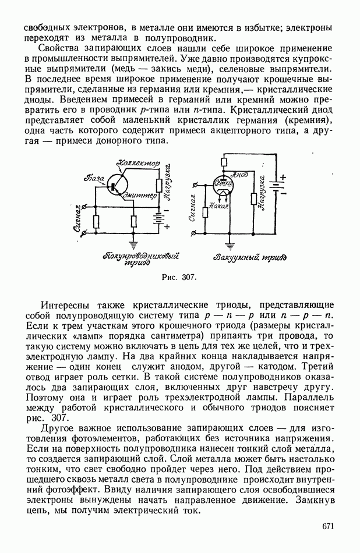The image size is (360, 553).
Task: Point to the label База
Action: (x=94, y=175)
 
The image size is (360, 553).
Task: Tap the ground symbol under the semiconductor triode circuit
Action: (x=135, y=245)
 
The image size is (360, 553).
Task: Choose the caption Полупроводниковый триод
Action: (x=140, y=258)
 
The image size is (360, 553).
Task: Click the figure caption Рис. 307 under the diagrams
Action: (x=179, y=277)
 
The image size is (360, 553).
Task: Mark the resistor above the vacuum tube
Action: (x=224, y=162)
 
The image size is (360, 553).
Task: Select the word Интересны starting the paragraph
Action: (x=66, y=304)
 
